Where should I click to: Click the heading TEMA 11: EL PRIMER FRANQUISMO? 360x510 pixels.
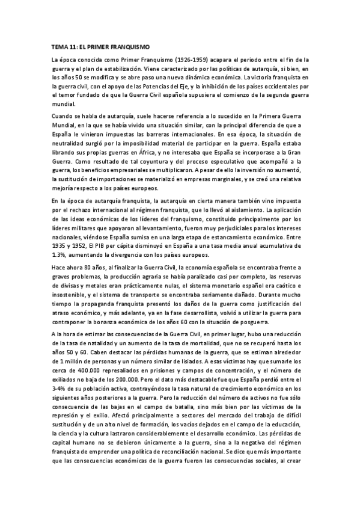point(101,46)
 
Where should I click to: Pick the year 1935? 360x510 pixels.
point(61,238)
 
